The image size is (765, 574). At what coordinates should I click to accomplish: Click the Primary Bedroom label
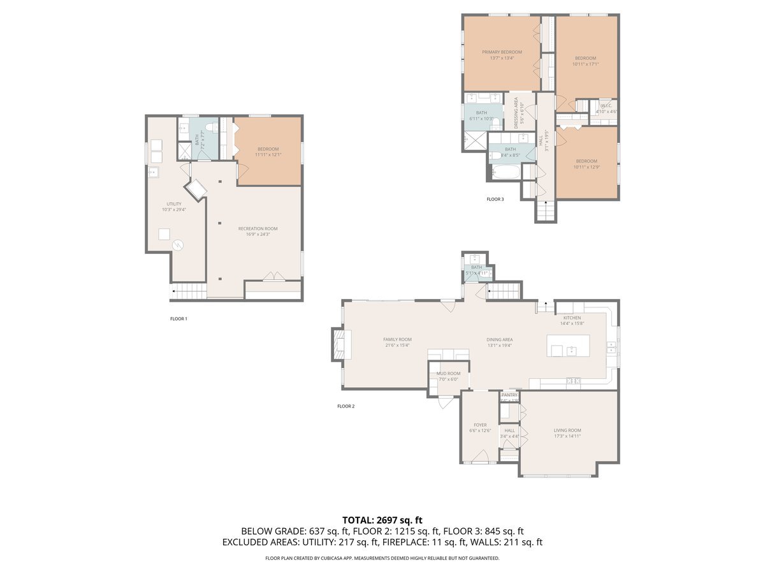[x=502, y=52]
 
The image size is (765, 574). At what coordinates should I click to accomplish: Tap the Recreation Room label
[x=258, y=228]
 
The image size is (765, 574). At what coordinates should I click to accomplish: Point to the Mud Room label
[x=448, y=374]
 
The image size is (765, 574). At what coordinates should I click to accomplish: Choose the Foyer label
[x=480, y=425]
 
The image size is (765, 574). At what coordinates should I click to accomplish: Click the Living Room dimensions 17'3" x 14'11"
[x=567, y=436]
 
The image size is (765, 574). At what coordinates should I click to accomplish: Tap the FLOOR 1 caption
[x=178, y=319]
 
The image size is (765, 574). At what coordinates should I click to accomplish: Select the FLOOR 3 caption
[x=495, y=200]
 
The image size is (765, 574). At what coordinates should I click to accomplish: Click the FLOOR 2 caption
[x=346, y=406]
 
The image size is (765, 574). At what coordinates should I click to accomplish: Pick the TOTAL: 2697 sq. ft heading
[x=382, y=520]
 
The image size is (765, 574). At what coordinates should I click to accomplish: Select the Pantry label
[x=509, y=395]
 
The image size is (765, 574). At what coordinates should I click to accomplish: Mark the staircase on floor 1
[x=189, y=291]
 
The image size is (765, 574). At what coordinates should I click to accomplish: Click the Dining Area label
[x=499, y=339]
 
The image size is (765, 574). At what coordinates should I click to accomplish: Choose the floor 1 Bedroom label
[x=268, y=149]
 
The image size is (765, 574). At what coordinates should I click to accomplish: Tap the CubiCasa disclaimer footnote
[x=382, y=558]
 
